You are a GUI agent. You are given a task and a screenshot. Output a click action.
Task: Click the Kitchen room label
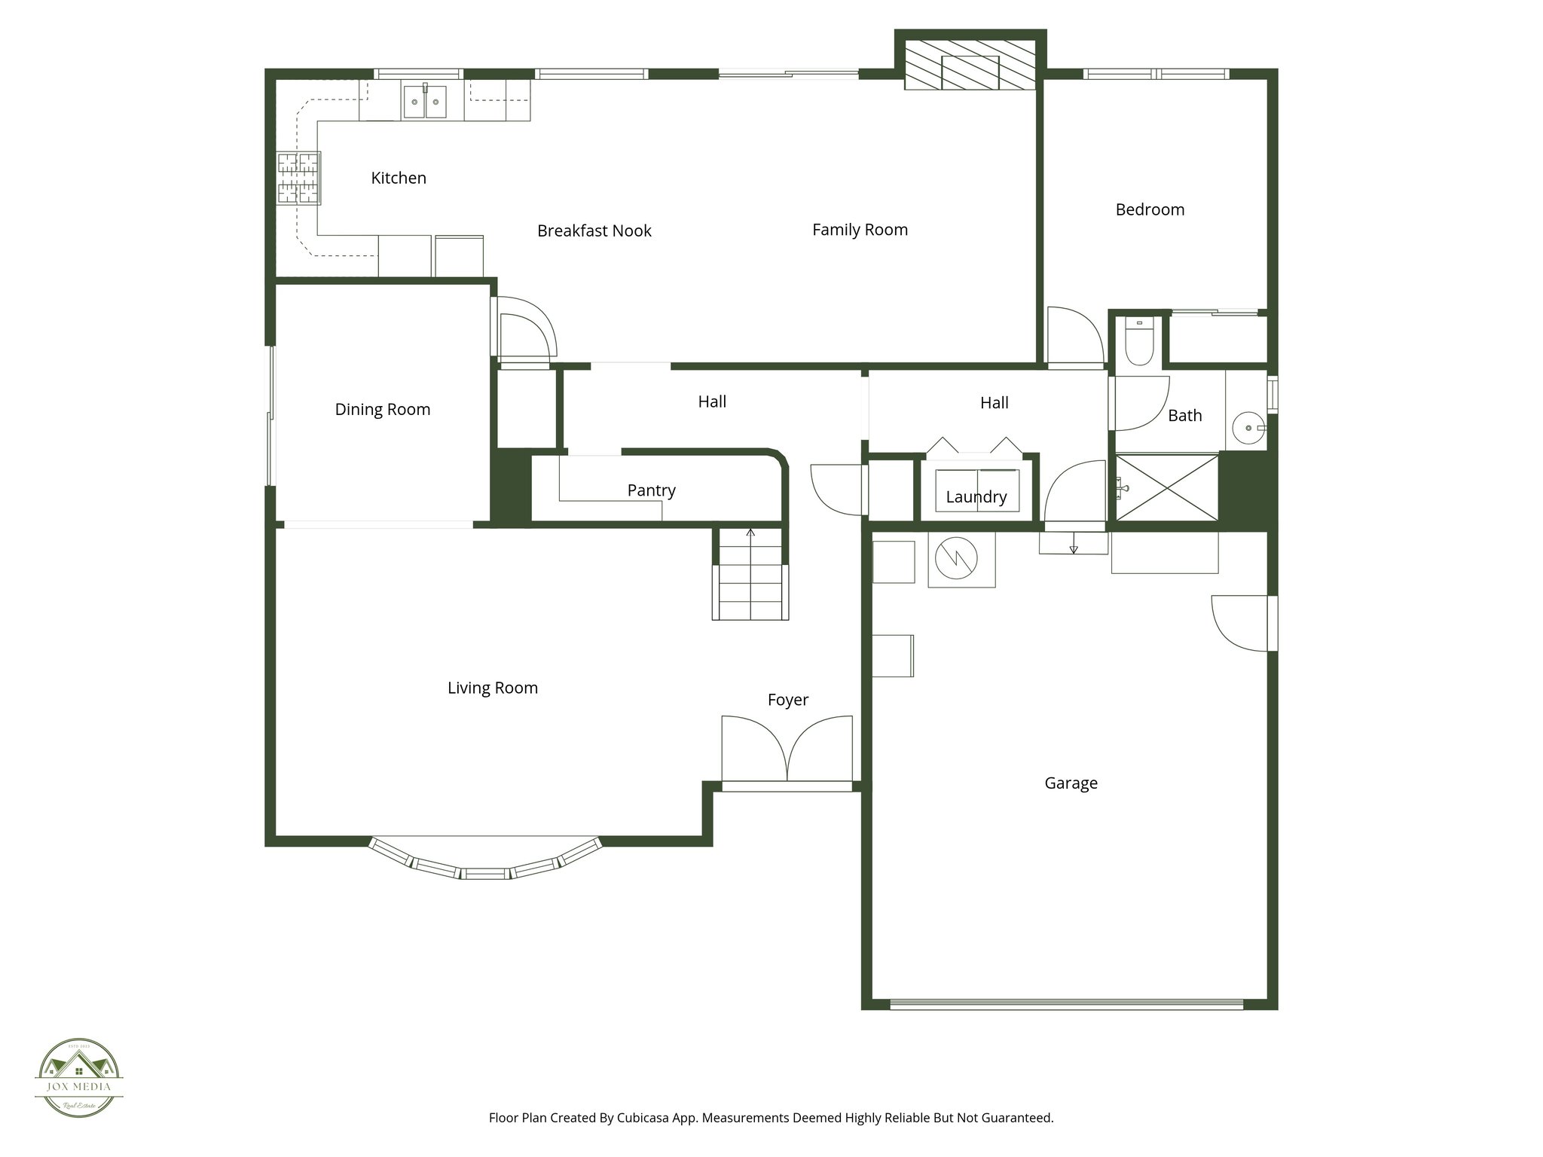(x=399, y=178)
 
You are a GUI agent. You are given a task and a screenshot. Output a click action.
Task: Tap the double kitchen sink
(x=424, y=102)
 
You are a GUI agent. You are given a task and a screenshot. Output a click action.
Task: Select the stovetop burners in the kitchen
(x=299, y=178)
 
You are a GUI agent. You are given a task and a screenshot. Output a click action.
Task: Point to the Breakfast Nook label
(x=594, y=230)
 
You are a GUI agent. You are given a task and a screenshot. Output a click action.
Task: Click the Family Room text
(x=860, y=230)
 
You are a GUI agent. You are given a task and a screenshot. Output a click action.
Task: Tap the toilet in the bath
(x=1138, y=343)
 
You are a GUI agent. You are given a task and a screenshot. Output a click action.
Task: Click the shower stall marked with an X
(x=1166, y=487)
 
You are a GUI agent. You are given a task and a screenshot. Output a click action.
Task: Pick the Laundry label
(x=976, y=496)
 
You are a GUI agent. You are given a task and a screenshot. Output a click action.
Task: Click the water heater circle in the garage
(x=956, y=558)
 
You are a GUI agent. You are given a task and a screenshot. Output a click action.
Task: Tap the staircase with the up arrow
(x=750, y=575)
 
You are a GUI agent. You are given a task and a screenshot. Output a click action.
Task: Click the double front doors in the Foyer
(x=787, y=749)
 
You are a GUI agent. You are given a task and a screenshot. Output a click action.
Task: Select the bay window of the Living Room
(x=485, y=863)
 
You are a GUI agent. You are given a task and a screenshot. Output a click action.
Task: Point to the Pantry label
(x=651, y=490)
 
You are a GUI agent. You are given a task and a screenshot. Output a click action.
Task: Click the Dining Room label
(x=382, y=409)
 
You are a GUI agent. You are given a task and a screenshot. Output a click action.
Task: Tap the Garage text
(x=1070, y=783)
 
